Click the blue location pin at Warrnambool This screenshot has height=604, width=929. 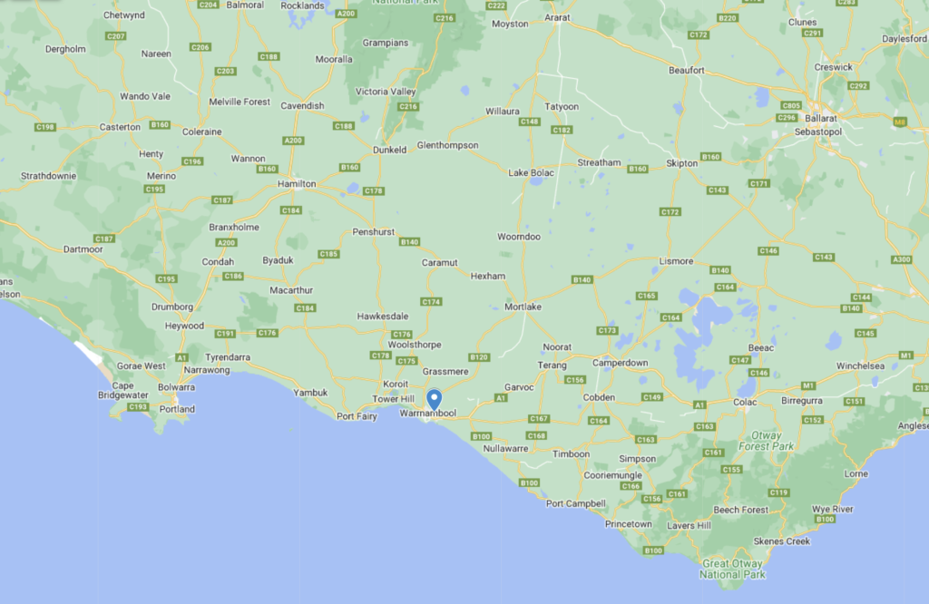(x=435, y=399)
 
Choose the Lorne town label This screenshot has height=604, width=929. (x=856, y=474)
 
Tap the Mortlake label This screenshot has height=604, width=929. (x=523, y=307)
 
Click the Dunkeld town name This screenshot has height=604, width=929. (x=390, y=150)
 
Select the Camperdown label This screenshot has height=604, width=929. (x=621, y=363)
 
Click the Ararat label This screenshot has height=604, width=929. (x=555, y=17)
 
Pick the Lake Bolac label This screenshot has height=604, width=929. (x=530, y=172)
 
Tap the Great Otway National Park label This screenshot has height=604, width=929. (x=733, y=569)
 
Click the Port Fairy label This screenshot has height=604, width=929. (x=357, y=416)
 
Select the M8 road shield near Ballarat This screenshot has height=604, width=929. (x=900, y=121)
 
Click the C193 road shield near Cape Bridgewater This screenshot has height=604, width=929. (x=138, y=407)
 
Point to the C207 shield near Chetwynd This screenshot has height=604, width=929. (x=115, y=36)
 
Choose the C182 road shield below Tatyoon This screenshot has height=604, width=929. (x=562, y=131)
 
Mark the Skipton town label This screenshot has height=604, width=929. (x=682, y=163)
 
